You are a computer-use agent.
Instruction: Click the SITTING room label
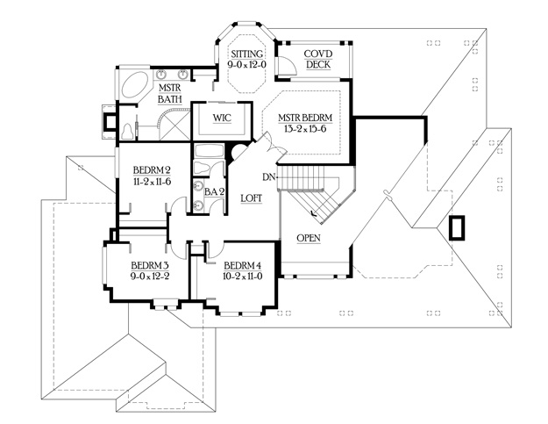[247, 54]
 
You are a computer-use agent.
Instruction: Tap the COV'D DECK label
[318, 59]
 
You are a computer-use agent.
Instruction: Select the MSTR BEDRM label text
[305, 118]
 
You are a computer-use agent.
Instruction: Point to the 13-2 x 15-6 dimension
[305, 129]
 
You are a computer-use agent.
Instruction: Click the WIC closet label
[222, 118]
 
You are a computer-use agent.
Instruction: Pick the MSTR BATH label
[170, 93]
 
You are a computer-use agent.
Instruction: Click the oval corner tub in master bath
[135, 86]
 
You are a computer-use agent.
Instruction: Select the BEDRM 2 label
[152, 170]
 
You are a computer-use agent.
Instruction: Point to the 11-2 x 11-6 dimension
[152, 182]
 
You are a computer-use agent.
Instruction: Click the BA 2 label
[214, 191]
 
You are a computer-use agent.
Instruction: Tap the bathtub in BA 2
[209, 150]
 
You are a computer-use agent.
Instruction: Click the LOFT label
[252, 198]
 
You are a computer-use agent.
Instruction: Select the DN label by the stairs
[269, 177]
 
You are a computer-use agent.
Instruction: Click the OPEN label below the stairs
[309, 238]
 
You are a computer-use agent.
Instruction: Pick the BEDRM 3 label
[150, 265]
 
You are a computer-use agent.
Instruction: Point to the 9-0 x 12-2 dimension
[150, 276]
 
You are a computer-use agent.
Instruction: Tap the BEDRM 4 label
[243, 265]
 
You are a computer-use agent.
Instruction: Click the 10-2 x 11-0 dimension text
[243, 276]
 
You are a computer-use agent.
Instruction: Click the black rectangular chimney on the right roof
[457, 227]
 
